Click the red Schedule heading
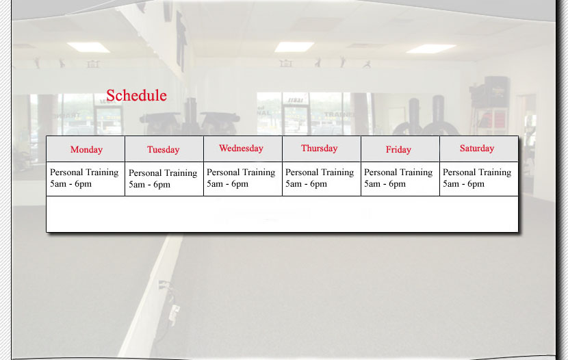[136, 96]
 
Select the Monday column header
[86, 150]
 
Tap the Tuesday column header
[164, 150]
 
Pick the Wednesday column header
[241, 149]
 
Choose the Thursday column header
[319, 149]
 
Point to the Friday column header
[398, 150]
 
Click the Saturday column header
[477, 149]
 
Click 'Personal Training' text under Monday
[84, 172]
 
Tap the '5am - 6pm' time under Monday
[70, 184]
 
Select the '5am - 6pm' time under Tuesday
[149, 185]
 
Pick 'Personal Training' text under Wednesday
[241, 172]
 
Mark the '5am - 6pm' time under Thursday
[306, 184]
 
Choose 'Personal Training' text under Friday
[398, 172]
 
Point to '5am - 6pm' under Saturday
[463, 184]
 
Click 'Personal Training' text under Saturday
[477, 172]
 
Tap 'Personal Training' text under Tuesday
[163, 173]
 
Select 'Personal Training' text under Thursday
[320, 172]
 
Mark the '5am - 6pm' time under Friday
[385, 184]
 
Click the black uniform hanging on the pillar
[181, 40]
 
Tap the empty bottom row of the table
[282, 214]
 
